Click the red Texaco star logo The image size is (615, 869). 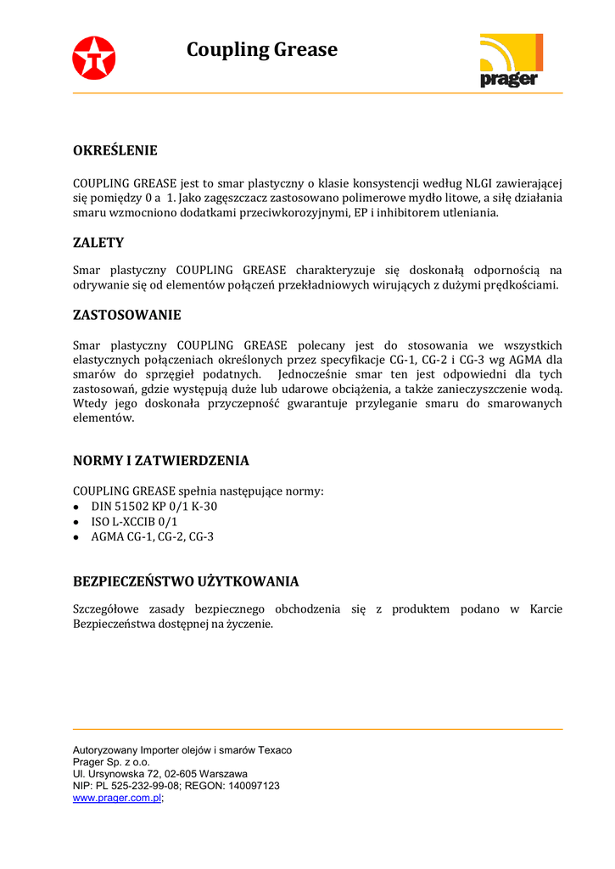93,59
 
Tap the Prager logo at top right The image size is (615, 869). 511,60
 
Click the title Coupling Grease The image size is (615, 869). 261,50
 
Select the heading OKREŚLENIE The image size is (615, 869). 115,151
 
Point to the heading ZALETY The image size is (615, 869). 98,243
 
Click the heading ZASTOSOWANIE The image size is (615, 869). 127,315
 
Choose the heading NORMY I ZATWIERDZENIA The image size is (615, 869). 161,461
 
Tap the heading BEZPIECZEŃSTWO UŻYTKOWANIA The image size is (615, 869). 186,581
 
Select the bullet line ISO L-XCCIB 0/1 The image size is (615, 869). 134,522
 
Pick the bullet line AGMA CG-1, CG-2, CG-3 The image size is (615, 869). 152,536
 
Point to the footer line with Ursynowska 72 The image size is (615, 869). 160,774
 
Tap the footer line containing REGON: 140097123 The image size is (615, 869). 176,786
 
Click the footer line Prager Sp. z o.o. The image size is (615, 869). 111,762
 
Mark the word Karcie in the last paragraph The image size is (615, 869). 545,609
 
